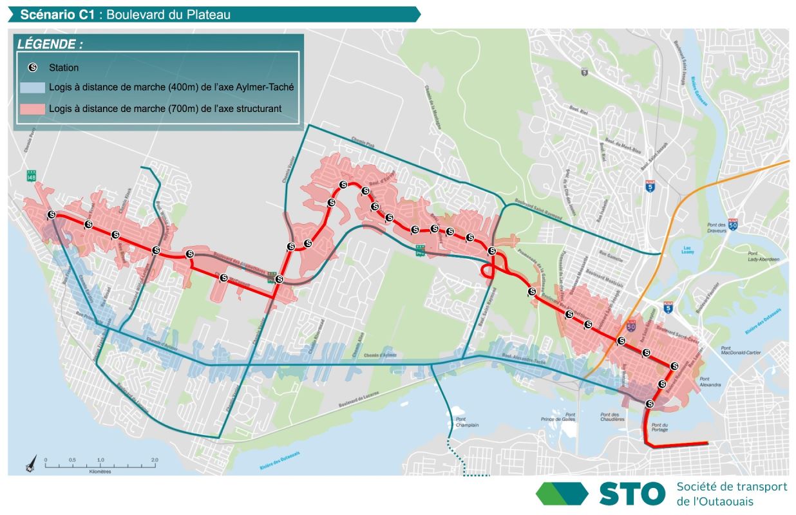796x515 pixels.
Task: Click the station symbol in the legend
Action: coord(33,67)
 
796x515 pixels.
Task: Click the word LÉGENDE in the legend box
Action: coord(50,45)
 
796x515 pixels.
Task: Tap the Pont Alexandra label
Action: coord(710,382)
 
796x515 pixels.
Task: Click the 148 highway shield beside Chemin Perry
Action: coord(31,174)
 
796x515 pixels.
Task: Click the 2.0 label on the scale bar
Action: coord(155,460)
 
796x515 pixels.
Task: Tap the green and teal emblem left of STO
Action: coord(562,494)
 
